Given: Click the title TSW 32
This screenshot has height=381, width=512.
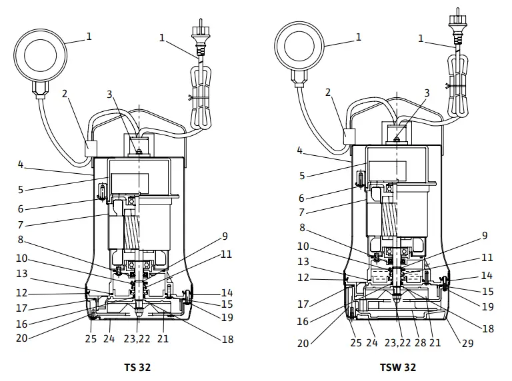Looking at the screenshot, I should pos(397,367).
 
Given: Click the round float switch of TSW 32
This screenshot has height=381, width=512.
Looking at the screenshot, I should pos(300,45).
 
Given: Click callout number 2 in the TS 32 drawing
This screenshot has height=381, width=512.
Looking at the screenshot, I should pos(65,95).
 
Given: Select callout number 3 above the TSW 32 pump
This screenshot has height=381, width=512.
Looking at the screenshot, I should pos(427,93).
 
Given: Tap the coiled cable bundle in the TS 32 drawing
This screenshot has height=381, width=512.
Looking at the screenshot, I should pos(201,93).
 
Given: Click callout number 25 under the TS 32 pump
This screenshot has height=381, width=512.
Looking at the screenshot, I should pos(91,338).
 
